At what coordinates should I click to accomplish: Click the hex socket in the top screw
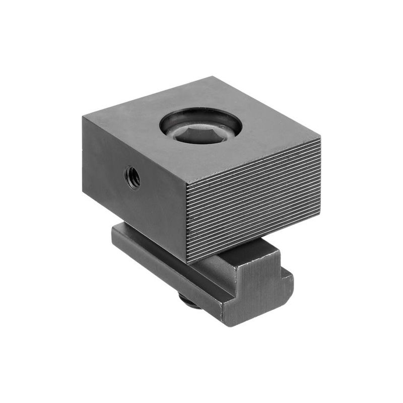tap(200, 133)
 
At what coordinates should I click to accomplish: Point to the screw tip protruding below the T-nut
tap(187, 302)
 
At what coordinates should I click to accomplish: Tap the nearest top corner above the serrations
tap(186, 184)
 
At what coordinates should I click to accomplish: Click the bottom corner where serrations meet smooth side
tap(187, 262)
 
